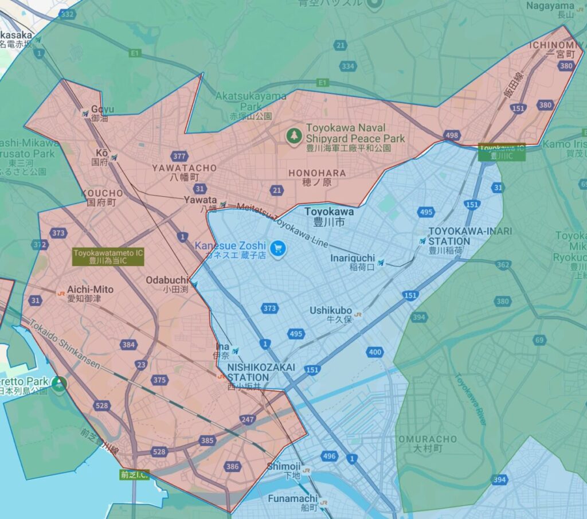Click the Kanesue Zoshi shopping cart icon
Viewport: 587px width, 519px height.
[278, 249]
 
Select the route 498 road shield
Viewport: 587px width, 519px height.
[452, 135]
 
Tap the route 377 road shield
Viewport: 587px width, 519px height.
[179, 156]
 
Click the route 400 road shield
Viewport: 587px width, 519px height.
[375, 352]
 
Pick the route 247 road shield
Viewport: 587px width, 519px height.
[248, 420]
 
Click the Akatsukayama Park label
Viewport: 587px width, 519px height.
[252, 101]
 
